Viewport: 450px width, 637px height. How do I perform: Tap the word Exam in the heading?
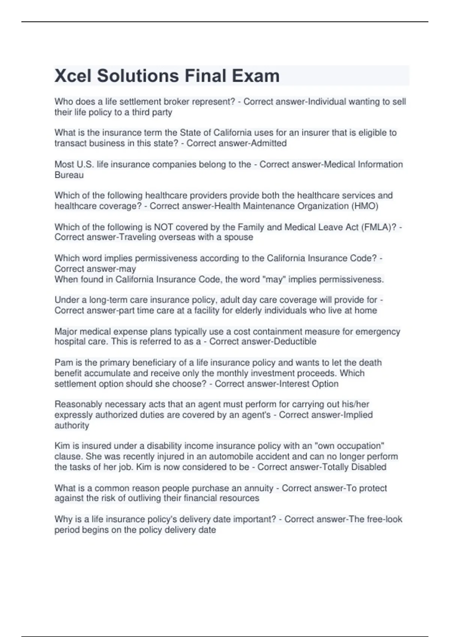click(x=255, y=76)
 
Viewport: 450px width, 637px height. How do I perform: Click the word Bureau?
click(x=69, y=175)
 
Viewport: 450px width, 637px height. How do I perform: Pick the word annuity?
click(x=259, y=488)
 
